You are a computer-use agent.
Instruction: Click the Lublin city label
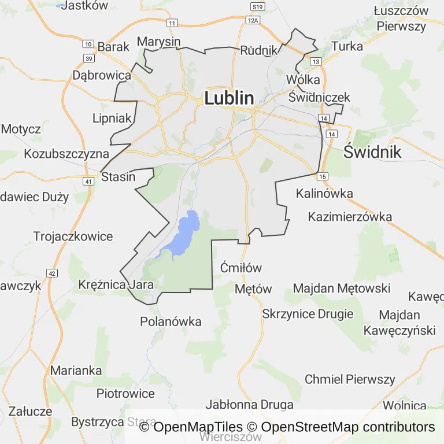coord(229,98)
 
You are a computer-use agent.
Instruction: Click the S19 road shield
coord(258,6)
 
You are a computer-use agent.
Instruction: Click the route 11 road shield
coord(172,23)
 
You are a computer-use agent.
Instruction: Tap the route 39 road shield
coord(88,58)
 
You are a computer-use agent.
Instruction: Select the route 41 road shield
coord(88,181)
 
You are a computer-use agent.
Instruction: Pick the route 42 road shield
coord(51,273)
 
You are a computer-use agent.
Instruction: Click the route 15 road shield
coord(322,176)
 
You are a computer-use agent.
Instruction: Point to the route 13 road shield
coord(316,61)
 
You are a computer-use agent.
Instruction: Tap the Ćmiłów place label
coord(242,268)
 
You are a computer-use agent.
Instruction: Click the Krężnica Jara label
coord(116,285)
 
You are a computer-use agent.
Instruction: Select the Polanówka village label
coord(171,321)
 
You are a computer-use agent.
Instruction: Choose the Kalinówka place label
coord(324,194)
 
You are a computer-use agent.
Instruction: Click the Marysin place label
coord(158,42)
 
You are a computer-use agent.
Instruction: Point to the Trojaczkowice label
coord(73,236)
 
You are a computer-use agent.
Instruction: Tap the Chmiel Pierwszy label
coord(350,379)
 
